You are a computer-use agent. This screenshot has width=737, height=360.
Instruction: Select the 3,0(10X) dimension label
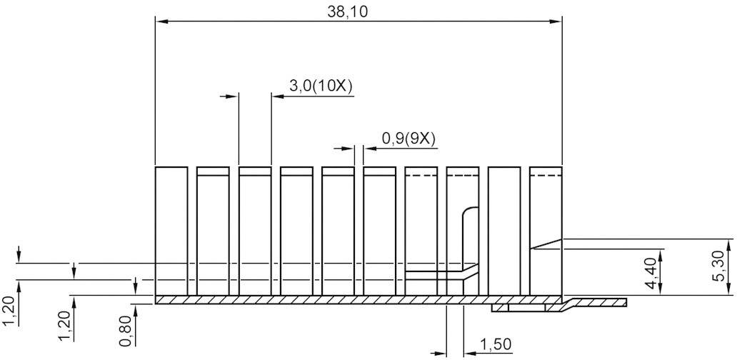(321, 86)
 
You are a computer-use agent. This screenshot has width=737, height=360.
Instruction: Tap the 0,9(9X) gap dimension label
(408, 139)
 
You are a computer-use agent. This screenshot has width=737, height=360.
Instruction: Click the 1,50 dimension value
(495, 344)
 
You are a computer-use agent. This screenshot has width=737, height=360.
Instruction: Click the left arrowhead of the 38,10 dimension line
(161, 22)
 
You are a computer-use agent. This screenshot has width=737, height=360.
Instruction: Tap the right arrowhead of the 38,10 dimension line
(556, 22)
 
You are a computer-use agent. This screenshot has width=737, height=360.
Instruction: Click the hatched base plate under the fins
(321, 299)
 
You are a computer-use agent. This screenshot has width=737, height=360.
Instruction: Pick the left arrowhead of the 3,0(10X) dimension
(232, 95)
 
